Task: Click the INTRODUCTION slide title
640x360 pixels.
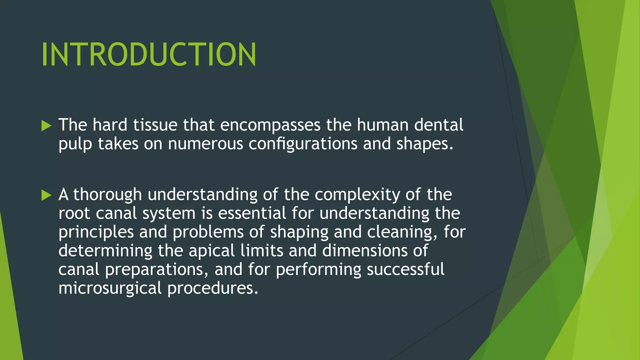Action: pos(149,55)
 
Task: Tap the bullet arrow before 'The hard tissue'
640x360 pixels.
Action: pos(46,126)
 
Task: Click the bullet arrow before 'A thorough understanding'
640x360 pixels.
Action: pos(46,195)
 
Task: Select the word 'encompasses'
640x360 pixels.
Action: pos(270,125)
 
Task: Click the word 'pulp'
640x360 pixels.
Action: pos(75,144)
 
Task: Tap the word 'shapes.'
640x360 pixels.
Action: pos(425,144)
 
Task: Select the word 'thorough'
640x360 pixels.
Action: pos(107,195)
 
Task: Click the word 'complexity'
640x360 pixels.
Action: pos(357,195)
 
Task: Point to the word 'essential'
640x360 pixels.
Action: pos(252,213)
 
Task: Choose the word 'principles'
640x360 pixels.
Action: pos(96,232)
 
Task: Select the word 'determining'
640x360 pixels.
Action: pos(105,251)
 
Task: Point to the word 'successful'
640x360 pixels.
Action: pos(405,269)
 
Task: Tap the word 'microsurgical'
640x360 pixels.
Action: pos(110,288)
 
